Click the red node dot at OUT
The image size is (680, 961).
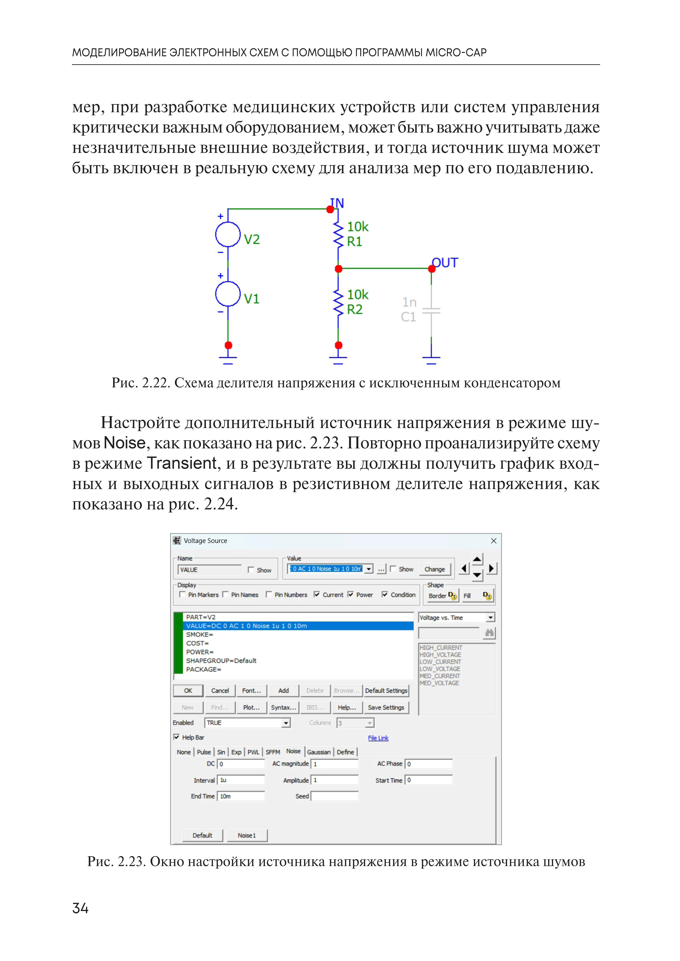432,269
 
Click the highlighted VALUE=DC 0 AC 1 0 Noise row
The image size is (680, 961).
297,626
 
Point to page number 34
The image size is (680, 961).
80,908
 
